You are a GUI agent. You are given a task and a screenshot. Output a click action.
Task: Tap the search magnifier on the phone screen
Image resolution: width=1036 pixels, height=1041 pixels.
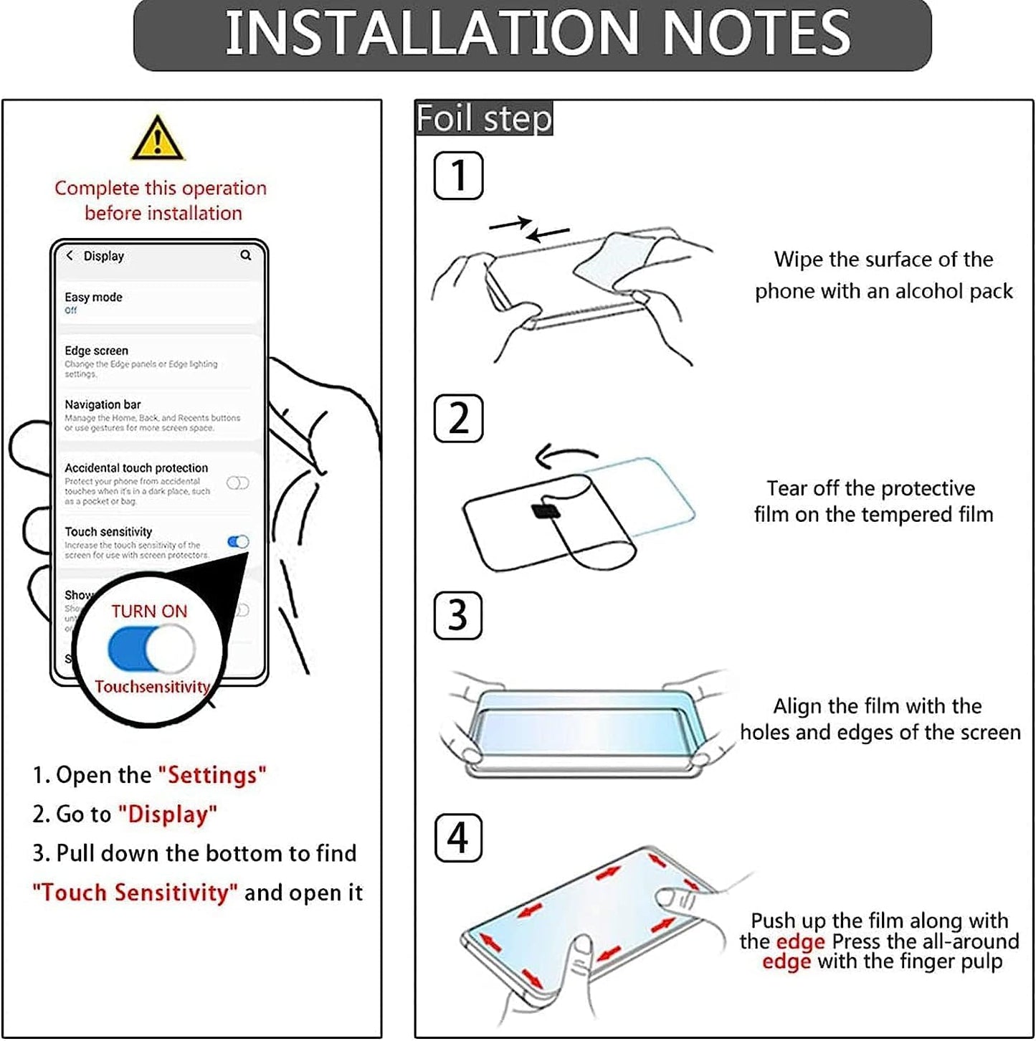(246, 255)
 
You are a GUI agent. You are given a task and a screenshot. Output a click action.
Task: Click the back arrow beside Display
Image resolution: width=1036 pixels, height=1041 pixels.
(70, 255)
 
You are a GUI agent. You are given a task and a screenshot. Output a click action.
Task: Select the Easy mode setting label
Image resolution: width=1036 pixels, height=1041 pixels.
(93, 297)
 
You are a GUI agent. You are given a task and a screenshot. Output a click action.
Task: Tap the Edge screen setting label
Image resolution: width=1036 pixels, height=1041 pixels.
(96, 351)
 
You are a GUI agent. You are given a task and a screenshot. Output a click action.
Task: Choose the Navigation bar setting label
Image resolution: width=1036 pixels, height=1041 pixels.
(103, 404)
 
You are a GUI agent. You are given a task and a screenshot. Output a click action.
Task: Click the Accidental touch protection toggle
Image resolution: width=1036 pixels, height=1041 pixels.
(238, 483)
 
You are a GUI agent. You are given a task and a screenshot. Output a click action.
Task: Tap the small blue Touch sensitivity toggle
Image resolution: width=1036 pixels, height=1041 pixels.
(238, 542)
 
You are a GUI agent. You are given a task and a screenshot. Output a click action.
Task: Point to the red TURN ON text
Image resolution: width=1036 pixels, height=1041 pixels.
(149, 612)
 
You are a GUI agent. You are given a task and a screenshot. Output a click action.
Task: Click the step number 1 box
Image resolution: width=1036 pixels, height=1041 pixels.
(458, 176)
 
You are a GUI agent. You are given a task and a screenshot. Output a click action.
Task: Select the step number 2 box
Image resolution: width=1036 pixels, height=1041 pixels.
(458, 419)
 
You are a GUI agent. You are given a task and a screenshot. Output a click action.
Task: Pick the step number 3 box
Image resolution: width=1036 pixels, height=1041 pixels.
(457, 616)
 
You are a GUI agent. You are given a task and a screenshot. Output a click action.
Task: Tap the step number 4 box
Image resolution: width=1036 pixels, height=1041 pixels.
(458, 838)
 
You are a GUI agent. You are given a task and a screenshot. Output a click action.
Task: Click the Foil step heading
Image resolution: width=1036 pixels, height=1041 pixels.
(484, 118)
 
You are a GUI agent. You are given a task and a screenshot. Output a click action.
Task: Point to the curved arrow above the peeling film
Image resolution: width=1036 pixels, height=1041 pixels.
(566, 455)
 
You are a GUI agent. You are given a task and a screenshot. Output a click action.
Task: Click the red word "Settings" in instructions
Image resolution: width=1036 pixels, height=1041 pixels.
(212, 775)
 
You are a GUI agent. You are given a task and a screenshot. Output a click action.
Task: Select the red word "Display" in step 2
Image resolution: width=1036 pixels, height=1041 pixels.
(168, 814)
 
